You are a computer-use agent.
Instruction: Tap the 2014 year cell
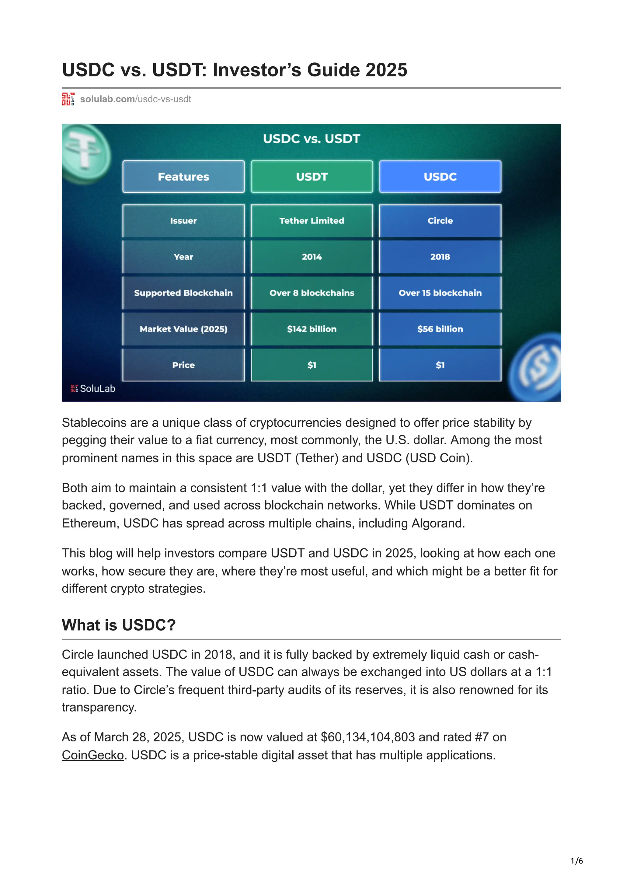pyautogui.click(x=312, y=257)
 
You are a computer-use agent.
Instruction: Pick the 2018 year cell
pyautogui.click(x=440, y=257)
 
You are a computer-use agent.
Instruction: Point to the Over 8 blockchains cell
pyautogui.click(x=312, y=293)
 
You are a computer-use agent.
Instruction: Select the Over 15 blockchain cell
pyautogui.click(x=440, y=293)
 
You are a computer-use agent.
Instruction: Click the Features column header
pyautogui.click(x=183, y=177)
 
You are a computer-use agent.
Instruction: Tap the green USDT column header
pyautogui.click(x=312, y=177)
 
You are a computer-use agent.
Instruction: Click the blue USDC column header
pyautogui.click(x=440, y=177)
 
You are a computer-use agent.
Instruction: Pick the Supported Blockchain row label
pyautogui.click(x=183, y=293)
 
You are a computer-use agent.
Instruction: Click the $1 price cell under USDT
pyautogui.click(x=312, y=365)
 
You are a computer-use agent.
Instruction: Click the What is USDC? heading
pyautogui.click(x=119, y=625)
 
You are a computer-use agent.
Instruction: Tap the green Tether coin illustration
pyautogui.click(x=86, y=152)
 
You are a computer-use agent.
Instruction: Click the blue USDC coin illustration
pyautogui.click(x=538, y=369)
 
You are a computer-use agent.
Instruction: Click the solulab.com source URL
pyautogui.click(x=135, y=99)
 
